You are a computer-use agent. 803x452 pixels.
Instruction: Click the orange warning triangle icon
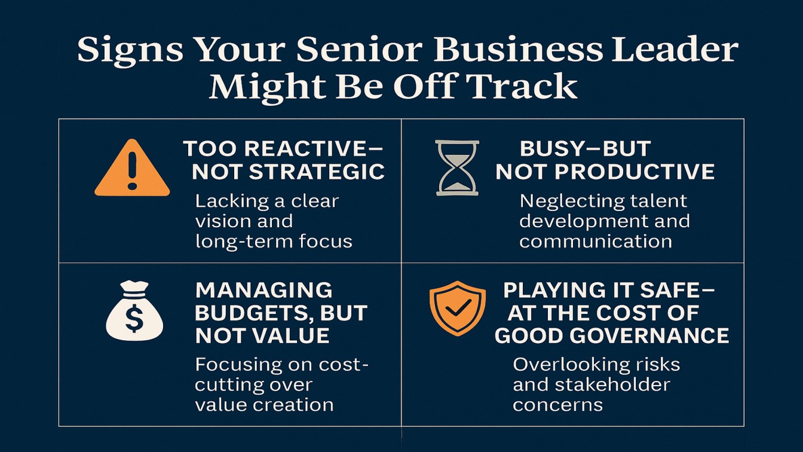[132, 169]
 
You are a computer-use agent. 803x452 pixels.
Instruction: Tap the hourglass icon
[457, 168]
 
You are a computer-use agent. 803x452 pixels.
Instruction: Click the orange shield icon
[458, 308]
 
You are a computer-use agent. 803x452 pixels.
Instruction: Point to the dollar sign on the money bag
[134, 318]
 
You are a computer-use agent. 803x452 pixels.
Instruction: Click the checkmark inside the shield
[458, 307]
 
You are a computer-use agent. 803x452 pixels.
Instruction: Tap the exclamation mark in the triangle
[132, 170]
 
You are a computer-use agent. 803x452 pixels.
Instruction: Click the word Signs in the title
[130, 50]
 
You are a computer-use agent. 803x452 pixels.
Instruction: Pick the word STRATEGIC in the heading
[317, 172]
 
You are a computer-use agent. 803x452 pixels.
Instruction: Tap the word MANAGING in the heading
[264, 290]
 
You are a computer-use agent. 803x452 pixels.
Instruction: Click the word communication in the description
[596, 241]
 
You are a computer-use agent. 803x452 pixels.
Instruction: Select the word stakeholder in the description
[612, 384]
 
